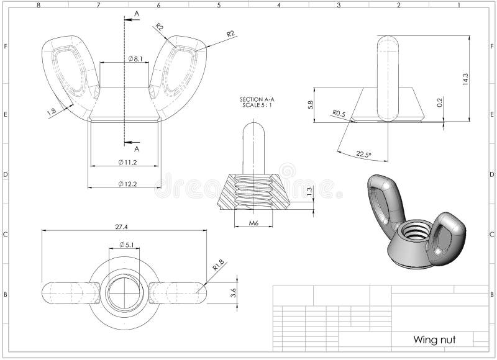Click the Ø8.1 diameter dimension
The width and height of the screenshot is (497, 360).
click(135, 59)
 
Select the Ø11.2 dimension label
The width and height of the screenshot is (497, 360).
click(127, 163)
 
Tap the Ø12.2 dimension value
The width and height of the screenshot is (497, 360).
click(127, 184)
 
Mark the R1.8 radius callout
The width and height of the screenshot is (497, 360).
click(217, 266)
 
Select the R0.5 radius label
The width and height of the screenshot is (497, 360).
click(339, 114)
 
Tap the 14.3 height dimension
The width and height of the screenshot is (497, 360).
click(465, 79)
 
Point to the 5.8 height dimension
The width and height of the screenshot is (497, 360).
click(310, 105)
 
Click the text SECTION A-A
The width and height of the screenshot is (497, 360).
click(257, 99)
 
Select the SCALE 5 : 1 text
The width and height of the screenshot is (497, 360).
click(257, 105)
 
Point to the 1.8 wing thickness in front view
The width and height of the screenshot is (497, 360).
click(50, 112)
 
